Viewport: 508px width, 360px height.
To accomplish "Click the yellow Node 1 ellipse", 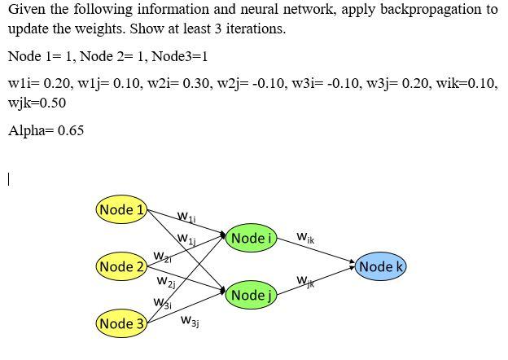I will (x=121, y=209).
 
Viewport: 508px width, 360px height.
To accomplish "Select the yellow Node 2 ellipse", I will (x=121, y=266).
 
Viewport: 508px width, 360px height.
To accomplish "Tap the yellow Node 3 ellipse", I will (x=121, y=323).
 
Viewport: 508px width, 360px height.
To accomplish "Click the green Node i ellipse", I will (x=251, y=238).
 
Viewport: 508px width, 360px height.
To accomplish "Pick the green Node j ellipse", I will (x=251, y=295).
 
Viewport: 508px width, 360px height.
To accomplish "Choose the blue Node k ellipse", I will (x=381, y=266).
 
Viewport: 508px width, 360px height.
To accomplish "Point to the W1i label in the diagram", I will (x=186, y=217).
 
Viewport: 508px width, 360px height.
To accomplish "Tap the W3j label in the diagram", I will (x=190, y=323).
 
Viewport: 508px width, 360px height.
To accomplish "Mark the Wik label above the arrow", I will (x=305, y=238).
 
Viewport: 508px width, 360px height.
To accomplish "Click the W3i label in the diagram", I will (x=162, y=304).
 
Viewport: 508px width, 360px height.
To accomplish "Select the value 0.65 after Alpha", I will (x=70, y=130).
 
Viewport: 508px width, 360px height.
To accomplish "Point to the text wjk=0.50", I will (x=37, y=103).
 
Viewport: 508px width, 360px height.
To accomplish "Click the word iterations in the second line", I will (x=255, y=29).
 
